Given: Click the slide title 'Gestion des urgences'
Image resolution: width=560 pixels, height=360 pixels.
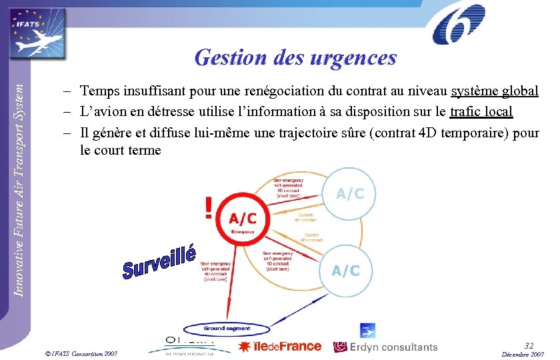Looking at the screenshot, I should point(295,57).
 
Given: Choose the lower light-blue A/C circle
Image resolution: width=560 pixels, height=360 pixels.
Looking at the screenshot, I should point(345,270).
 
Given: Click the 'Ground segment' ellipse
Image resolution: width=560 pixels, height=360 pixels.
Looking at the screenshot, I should point(226,328).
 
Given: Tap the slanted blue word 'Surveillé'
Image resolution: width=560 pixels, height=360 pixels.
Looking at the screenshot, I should point(160,261).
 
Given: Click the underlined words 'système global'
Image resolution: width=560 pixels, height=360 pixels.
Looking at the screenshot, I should point(495,91).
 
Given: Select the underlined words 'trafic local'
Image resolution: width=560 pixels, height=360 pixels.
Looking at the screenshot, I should point(481,111).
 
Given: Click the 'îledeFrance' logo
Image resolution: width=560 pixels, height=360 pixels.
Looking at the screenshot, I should point(280,346).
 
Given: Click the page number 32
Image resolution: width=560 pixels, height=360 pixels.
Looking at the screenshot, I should point(529,345).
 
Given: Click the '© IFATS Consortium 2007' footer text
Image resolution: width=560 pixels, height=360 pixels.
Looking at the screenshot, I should point(80,353).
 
